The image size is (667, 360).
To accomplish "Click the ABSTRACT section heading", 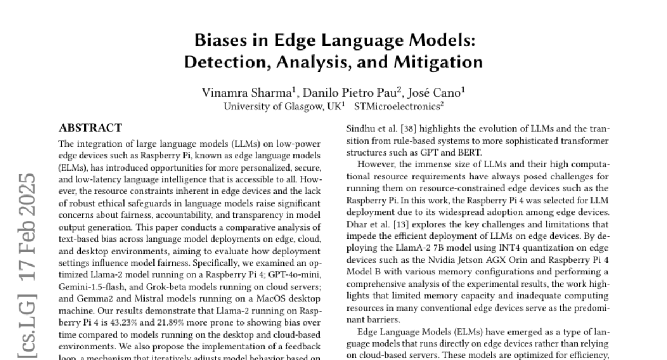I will pos(90,128).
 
